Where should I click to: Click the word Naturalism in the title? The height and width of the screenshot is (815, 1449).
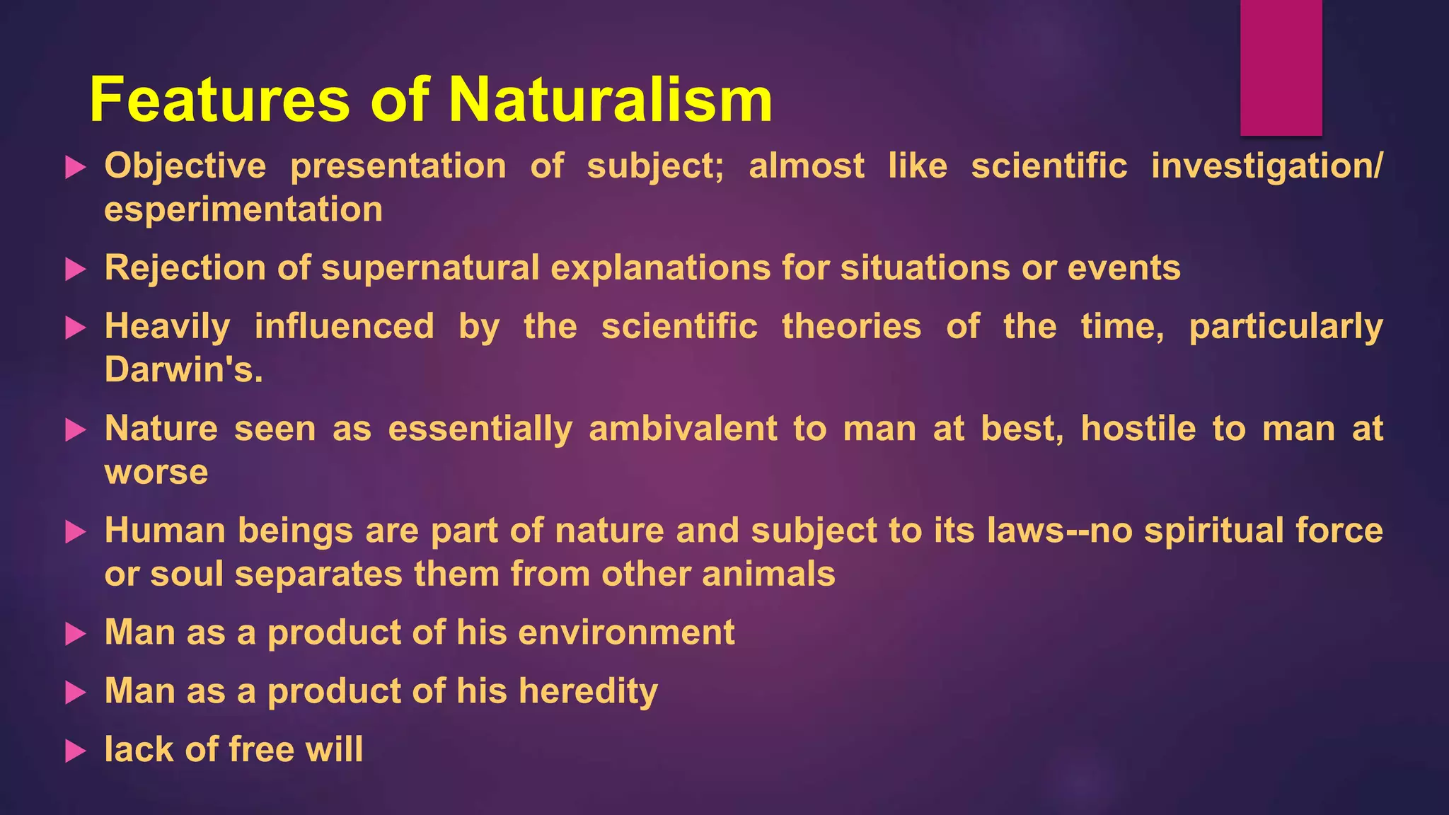[610, 100]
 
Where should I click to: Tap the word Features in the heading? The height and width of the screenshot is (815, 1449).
[219, 100]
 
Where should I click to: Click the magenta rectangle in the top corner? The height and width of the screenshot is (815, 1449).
[1281, 67]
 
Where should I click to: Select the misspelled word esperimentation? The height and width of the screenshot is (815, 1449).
[243, 210]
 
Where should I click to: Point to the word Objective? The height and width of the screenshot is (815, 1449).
[185, 166]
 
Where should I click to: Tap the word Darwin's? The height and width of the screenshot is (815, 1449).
[184, 370]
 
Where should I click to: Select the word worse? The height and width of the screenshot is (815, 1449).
[156, 473]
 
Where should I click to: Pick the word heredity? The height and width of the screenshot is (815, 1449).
[588, 691]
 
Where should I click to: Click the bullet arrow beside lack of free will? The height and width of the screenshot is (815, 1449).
[75, 751]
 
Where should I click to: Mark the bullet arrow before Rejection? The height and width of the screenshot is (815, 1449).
[75, 269]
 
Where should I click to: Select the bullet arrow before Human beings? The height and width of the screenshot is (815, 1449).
[75, 531]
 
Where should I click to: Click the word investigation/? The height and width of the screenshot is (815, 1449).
[1266, 166]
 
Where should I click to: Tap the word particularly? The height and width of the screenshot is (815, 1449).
[1286, 327]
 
